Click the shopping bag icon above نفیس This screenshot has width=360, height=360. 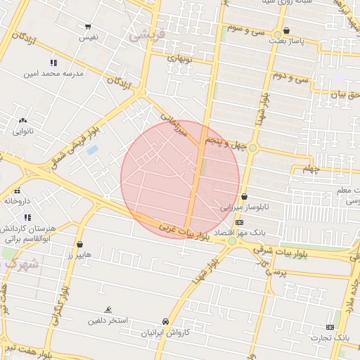[x=88, y=27]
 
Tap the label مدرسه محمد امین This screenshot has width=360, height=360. [x=53, y=72]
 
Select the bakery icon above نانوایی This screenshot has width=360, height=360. [x=22, y=121]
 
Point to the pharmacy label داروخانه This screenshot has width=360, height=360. [x=18, y=200]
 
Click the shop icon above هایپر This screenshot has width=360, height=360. [x=79, y=245]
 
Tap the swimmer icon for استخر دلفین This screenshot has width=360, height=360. [x=108, y=310]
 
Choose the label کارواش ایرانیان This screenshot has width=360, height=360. [x=165, y=332]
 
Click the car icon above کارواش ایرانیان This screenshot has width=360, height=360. [x=165, y=321]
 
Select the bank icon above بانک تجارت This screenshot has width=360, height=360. [x=330, y=327]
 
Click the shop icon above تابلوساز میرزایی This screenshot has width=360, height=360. [x=244, y=197]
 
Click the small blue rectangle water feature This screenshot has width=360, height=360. [x=93, y=150]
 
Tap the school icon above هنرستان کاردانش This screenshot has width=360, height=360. [x=27, y=217]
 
